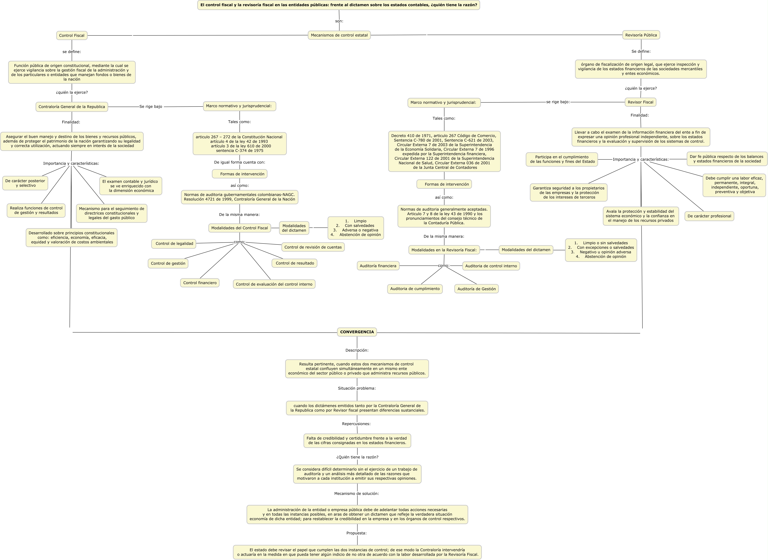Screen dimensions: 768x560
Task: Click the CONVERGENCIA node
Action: point(357,332)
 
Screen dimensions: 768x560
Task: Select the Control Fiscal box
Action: point(72,36)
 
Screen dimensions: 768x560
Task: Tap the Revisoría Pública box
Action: point(641,35)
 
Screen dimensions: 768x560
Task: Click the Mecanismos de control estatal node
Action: point(339,35)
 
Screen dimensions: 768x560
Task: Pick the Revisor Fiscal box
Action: point(640,102)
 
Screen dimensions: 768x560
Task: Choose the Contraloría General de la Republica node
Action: point(72,107)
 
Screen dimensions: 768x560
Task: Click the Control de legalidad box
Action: point(174,243)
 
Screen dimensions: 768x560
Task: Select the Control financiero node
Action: point(200,283)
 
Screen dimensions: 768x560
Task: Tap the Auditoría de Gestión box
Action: point(476,289)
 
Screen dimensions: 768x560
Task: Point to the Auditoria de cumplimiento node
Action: point(415,289)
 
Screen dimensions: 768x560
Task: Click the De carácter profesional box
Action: point(709,216)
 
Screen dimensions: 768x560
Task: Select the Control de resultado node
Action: point(294,263)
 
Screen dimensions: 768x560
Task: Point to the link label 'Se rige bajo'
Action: point(151,106)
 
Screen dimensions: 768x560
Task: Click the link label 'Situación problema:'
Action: point(357,388)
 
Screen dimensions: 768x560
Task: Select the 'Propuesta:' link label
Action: point(356,533)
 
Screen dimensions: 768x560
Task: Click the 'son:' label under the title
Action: point(339,21)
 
